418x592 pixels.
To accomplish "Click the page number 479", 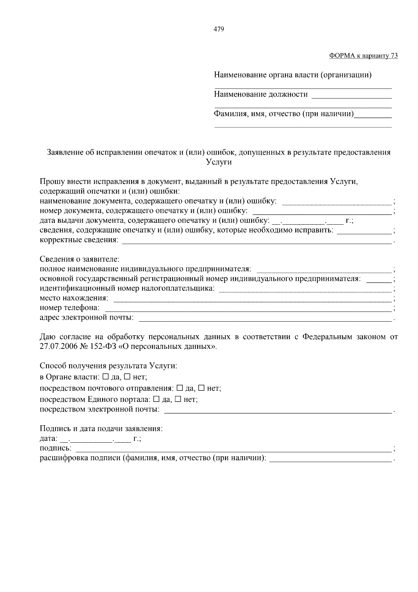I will coord(218,29).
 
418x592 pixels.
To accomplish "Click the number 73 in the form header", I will coord(394,56).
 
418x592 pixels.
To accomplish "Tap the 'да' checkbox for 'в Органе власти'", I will coord(106,377).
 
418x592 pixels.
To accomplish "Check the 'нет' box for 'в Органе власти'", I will coord(127,377).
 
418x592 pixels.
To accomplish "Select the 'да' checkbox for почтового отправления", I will coord(180,388).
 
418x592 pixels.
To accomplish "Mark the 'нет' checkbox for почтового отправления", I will coord(201,388).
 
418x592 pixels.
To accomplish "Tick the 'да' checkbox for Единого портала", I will coord(156,399).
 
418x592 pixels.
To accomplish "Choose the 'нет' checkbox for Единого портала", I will coord(178,399).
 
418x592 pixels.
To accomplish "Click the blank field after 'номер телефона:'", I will coord(248,308).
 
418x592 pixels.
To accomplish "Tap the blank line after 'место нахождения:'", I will coord(253,299).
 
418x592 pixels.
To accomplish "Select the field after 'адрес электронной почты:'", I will coord(265,318).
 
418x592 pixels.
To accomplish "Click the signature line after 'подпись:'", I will coord(233,449).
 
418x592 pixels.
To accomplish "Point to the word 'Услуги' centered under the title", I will coord(219,162).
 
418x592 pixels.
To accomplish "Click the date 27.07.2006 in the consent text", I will coord(57,347).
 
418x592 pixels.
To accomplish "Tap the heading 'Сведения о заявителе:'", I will coord(79,259).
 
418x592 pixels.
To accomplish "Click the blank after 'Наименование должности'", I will coord(351,95).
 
